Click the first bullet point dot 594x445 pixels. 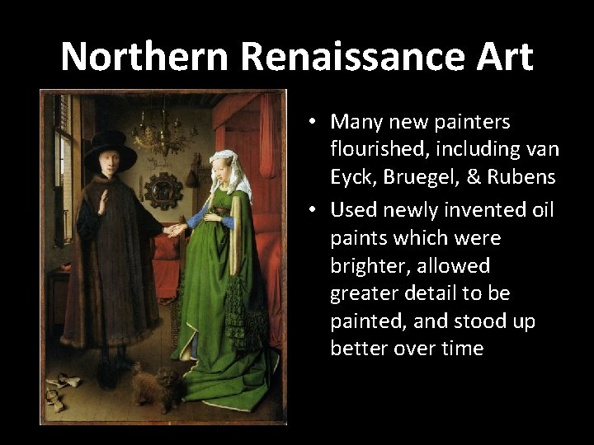(x=315, y=123)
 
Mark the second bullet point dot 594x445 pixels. (x=315, y=211)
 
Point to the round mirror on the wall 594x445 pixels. (x=163, y=190)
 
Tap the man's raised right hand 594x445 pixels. (x=101, y=200)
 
